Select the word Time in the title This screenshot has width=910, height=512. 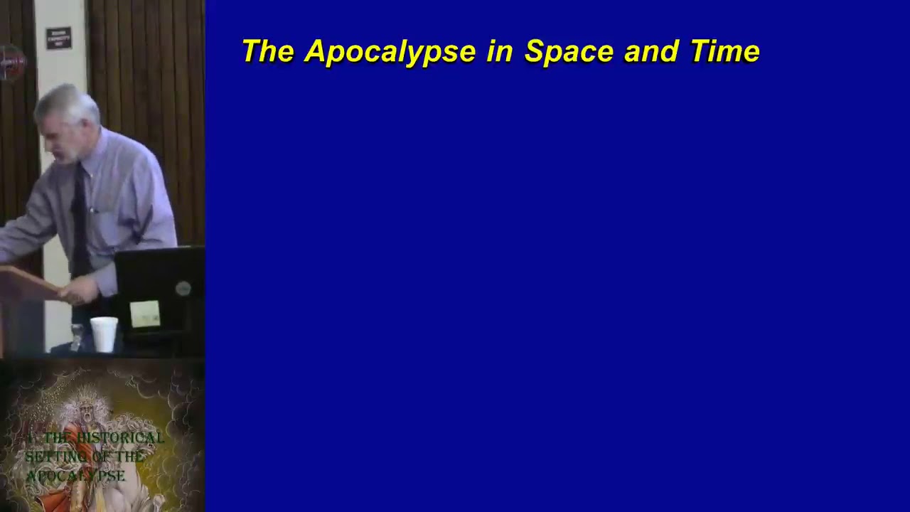tap(724, 51)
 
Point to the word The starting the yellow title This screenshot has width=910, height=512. tap(267, 51)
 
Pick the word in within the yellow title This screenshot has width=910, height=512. tap(500, 51)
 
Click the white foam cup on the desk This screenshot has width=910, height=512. tap(104, 334)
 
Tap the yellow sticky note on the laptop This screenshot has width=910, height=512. tap(145, 314)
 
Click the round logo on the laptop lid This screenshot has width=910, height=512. tap(183, 288)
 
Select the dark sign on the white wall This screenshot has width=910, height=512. tap(59, 38)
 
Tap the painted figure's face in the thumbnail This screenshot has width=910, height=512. tap(87, 412)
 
